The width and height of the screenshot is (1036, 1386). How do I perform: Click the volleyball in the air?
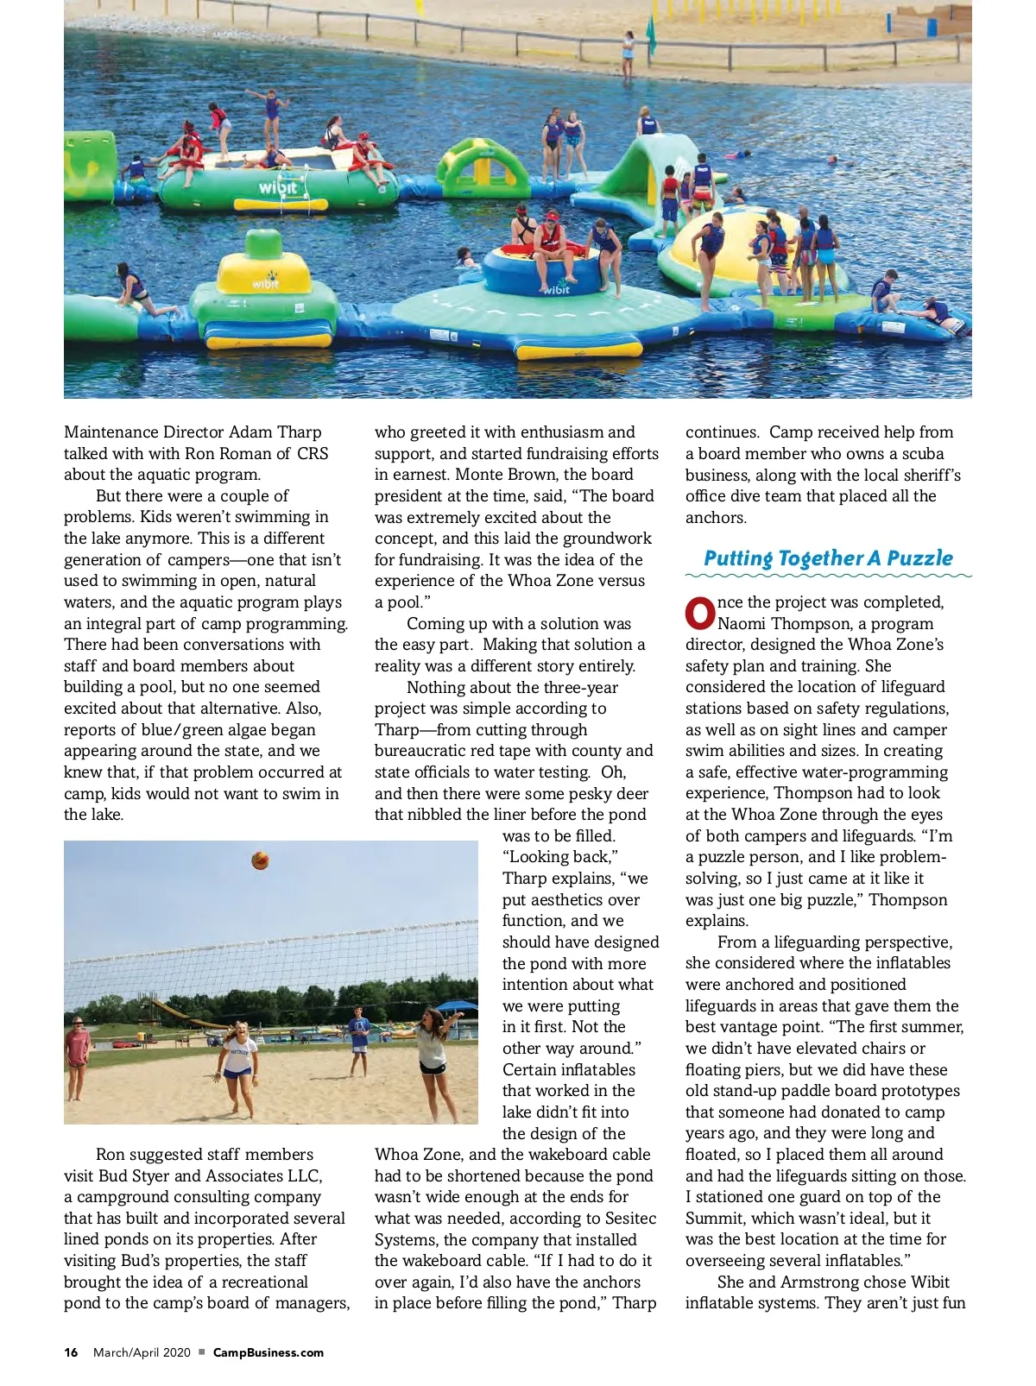click(x=260, y=860)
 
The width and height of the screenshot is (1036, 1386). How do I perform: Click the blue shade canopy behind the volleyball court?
click(x=451, y=1006)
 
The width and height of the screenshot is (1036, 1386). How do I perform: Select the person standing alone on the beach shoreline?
click(x=629, y=54)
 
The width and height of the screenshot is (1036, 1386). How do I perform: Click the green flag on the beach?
click(x=651, y=35)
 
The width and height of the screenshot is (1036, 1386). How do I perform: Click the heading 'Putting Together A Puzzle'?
click(x=828, y=558)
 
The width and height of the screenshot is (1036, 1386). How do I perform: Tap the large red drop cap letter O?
click(x=700, y=613)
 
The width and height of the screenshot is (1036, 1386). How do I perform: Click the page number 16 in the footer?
click(x=71, y=1352)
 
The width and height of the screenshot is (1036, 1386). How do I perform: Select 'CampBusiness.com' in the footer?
click(x=268, y=1352)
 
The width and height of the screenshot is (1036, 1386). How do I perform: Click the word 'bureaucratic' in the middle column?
click(x=420, y=751)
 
